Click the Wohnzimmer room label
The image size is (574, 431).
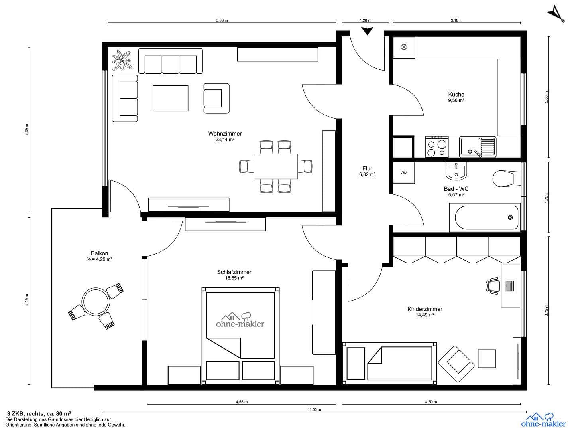pos(225,134)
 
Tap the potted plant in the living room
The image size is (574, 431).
pos(122,60)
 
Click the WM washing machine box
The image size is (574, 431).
pos(404,173)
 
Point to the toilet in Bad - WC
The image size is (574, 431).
pos(506,178)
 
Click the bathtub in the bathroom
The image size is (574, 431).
pos(485,217)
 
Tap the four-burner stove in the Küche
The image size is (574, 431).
pos(436,147)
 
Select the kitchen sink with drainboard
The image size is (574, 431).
pos(477,146)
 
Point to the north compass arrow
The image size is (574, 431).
pos(555,14)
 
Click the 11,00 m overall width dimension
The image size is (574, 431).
pos(314,410)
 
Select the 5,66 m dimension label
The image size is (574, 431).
pos(222,20)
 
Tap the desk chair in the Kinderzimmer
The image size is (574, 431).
pos(493,286)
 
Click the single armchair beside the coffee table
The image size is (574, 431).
pos(216,98)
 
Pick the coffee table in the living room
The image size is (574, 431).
pos(170,98)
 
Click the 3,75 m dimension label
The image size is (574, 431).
pos(546,310)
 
